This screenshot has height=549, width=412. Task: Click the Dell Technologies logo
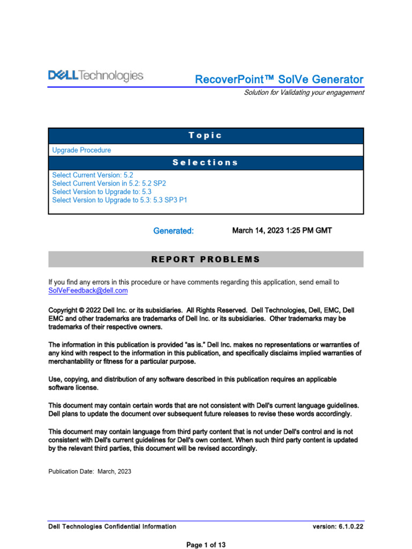point(96,76)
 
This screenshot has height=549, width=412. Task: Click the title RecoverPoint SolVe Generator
point(279,79)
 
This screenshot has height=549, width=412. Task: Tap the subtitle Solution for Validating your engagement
point(304,92)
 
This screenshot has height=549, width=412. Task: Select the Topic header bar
point(206,136)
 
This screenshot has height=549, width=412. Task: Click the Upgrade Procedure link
point(82,150)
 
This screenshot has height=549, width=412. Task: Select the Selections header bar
point(206,162)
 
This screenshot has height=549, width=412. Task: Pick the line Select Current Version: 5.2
point(92,175)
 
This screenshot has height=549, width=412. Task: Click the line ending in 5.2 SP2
point(109,183)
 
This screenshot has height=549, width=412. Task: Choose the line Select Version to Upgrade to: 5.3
point(102,191)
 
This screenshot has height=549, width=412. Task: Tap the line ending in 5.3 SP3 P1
point(120,200)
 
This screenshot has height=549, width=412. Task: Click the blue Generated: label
point(173,231)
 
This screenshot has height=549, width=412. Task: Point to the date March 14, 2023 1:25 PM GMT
point(282,231)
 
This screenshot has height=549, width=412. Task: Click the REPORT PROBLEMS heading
point(206,259)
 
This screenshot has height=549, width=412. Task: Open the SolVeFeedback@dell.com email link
point(88,291)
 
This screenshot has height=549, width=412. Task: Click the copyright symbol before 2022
point(81,310)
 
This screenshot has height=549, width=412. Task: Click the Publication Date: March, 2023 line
point(90,472)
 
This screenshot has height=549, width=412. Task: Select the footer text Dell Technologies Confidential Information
point(112,526)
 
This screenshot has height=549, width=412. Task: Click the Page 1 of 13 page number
point(206,545)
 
